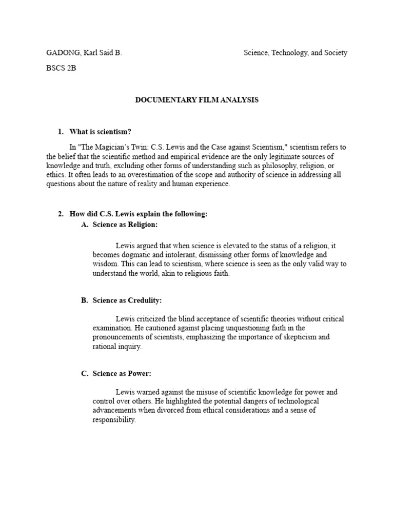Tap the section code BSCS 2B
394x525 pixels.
coord(61,68)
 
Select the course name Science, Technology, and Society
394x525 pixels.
coord(295,53)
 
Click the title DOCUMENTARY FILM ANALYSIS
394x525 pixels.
coord(197,100)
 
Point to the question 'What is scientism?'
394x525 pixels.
coord(104,132)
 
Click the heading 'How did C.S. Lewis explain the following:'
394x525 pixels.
coord(138,214)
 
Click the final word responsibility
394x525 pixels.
coord(114,419)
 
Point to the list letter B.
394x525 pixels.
coord(84,300)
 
